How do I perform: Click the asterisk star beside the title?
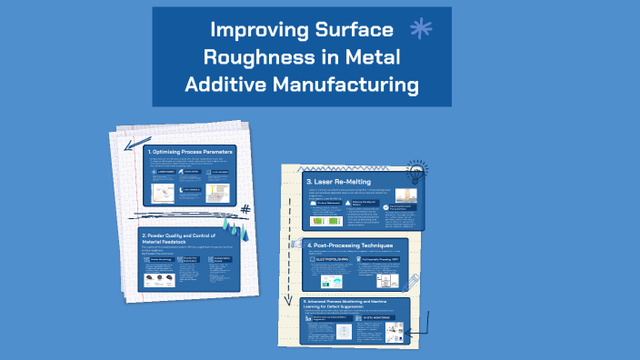420,29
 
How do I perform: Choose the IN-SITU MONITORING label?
383,319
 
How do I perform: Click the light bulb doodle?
417,171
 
